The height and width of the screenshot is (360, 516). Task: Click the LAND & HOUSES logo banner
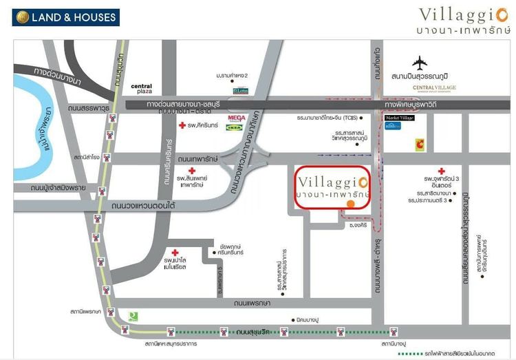[x=65, y=17]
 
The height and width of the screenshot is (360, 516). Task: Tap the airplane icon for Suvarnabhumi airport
[x=420, y=63]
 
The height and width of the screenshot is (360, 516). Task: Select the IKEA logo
[x=234, y=128]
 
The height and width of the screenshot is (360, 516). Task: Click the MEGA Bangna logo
[x=237, y=117]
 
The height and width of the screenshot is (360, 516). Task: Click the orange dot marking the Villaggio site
[x=351, y=204]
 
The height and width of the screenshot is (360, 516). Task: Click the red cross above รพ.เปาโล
[x=175, y=253]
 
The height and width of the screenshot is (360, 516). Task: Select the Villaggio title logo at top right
[x=464, y=19]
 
